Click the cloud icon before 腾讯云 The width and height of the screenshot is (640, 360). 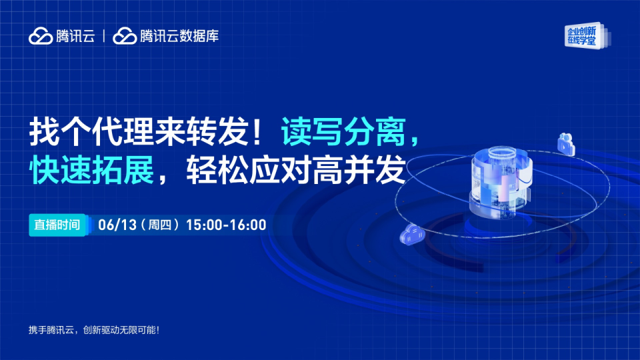41,36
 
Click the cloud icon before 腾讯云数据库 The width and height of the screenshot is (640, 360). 125,36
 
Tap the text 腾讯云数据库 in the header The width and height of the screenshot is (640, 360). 179,36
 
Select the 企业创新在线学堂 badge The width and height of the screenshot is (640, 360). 587,35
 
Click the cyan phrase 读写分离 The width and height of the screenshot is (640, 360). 343,132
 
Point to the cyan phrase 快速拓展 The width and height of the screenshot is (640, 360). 91,169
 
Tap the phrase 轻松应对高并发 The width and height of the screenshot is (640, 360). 296,169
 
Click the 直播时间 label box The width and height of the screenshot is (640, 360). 57,225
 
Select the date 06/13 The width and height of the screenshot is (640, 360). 117,225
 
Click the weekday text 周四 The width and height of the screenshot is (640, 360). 159,225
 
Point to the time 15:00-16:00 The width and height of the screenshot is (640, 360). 226,225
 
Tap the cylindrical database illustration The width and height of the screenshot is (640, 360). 501,181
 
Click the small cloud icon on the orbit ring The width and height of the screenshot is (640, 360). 412,234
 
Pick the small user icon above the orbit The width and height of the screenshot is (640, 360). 566,144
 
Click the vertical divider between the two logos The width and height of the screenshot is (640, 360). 104,36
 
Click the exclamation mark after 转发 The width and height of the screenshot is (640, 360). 257,132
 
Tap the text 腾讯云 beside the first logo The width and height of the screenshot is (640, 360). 75,36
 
